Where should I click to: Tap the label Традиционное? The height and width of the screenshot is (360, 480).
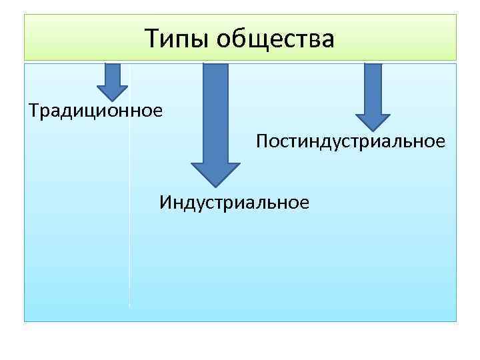(x=95, y=108)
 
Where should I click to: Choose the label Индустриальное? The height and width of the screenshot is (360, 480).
(x=234, y=201)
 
